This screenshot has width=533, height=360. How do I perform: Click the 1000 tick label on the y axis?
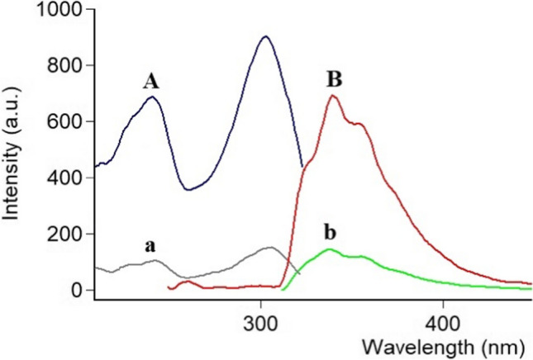pos(59,10)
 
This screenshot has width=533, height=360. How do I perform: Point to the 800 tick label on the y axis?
pos(64,65)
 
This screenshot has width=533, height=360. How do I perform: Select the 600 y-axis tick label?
pos(64,121)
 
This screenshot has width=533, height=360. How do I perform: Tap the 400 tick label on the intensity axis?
pos(64,178)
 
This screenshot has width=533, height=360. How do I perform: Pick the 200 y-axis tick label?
pos(64,234)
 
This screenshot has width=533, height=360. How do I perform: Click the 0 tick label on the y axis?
pos(77,291)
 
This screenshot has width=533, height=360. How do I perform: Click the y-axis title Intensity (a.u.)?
pos(12,153)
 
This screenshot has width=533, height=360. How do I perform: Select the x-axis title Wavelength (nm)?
pos(443,348)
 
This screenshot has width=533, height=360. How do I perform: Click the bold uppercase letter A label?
pos(150,82)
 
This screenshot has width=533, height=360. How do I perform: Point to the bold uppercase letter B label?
pos(335,80)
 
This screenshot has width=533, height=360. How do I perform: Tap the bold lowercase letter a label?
pos(150,247)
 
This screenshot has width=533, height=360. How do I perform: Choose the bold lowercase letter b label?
pos(330,233)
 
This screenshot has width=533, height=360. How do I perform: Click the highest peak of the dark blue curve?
pos(266,36)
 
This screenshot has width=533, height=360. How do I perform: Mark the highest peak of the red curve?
pos(333,96)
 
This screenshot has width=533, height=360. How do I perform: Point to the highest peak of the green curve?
pos(329,249)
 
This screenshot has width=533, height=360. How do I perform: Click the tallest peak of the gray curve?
pos(270,247)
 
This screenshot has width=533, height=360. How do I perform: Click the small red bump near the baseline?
pos(188,282)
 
